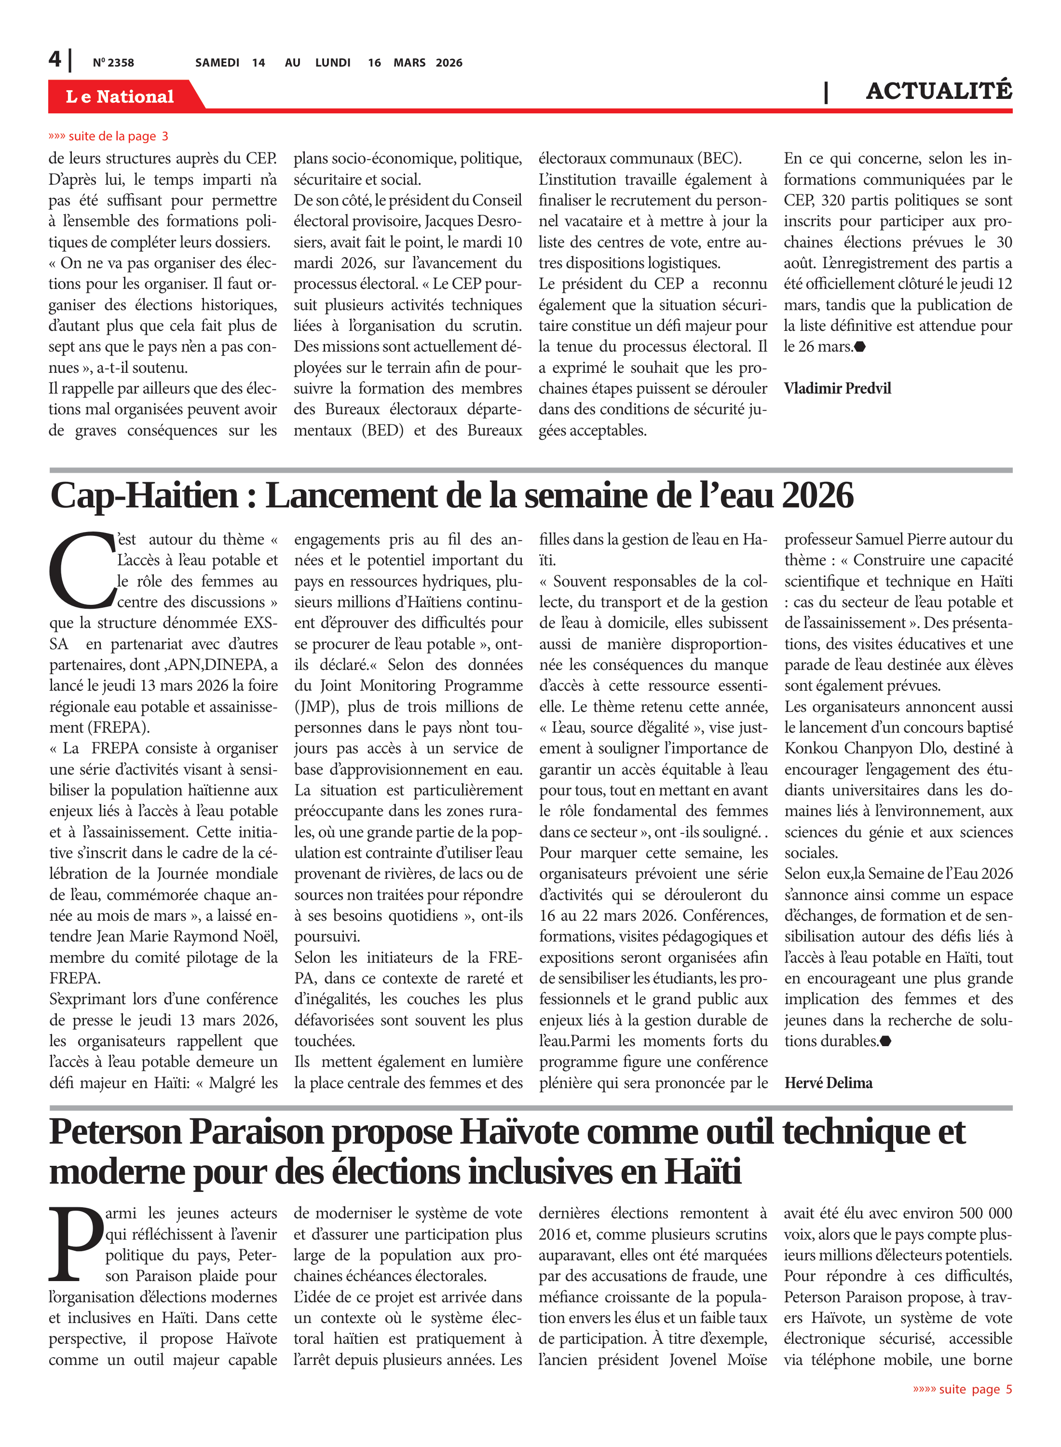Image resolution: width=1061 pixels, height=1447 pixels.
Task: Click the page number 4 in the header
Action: point(54,60)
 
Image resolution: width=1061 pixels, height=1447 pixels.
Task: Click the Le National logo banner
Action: point(120,96)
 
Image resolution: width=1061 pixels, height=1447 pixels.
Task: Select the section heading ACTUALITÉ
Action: point(939,91)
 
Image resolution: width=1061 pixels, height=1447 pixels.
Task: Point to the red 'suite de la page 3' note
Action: point(109,136)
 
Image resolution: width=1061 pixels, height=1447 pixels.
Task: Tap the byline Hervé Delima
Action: point(828,1083)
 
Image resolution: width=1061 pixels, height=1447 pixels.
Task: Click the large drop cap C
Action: point(82,570)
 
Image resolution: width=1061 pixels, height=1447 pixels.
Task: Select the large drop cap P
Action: point(76,1244)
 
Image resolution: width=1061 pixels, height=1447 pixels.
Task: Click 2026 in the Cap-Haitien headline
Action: point(817,495)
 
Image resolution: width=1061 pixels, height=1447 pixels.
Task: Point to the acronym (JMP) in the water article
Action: point(316,707)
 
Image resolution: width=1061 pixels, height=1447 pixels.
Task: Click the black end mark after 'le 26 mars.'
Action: point(860,347)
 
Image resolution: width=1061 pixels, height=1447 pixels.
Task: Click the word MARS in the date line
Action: point(409,63)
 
